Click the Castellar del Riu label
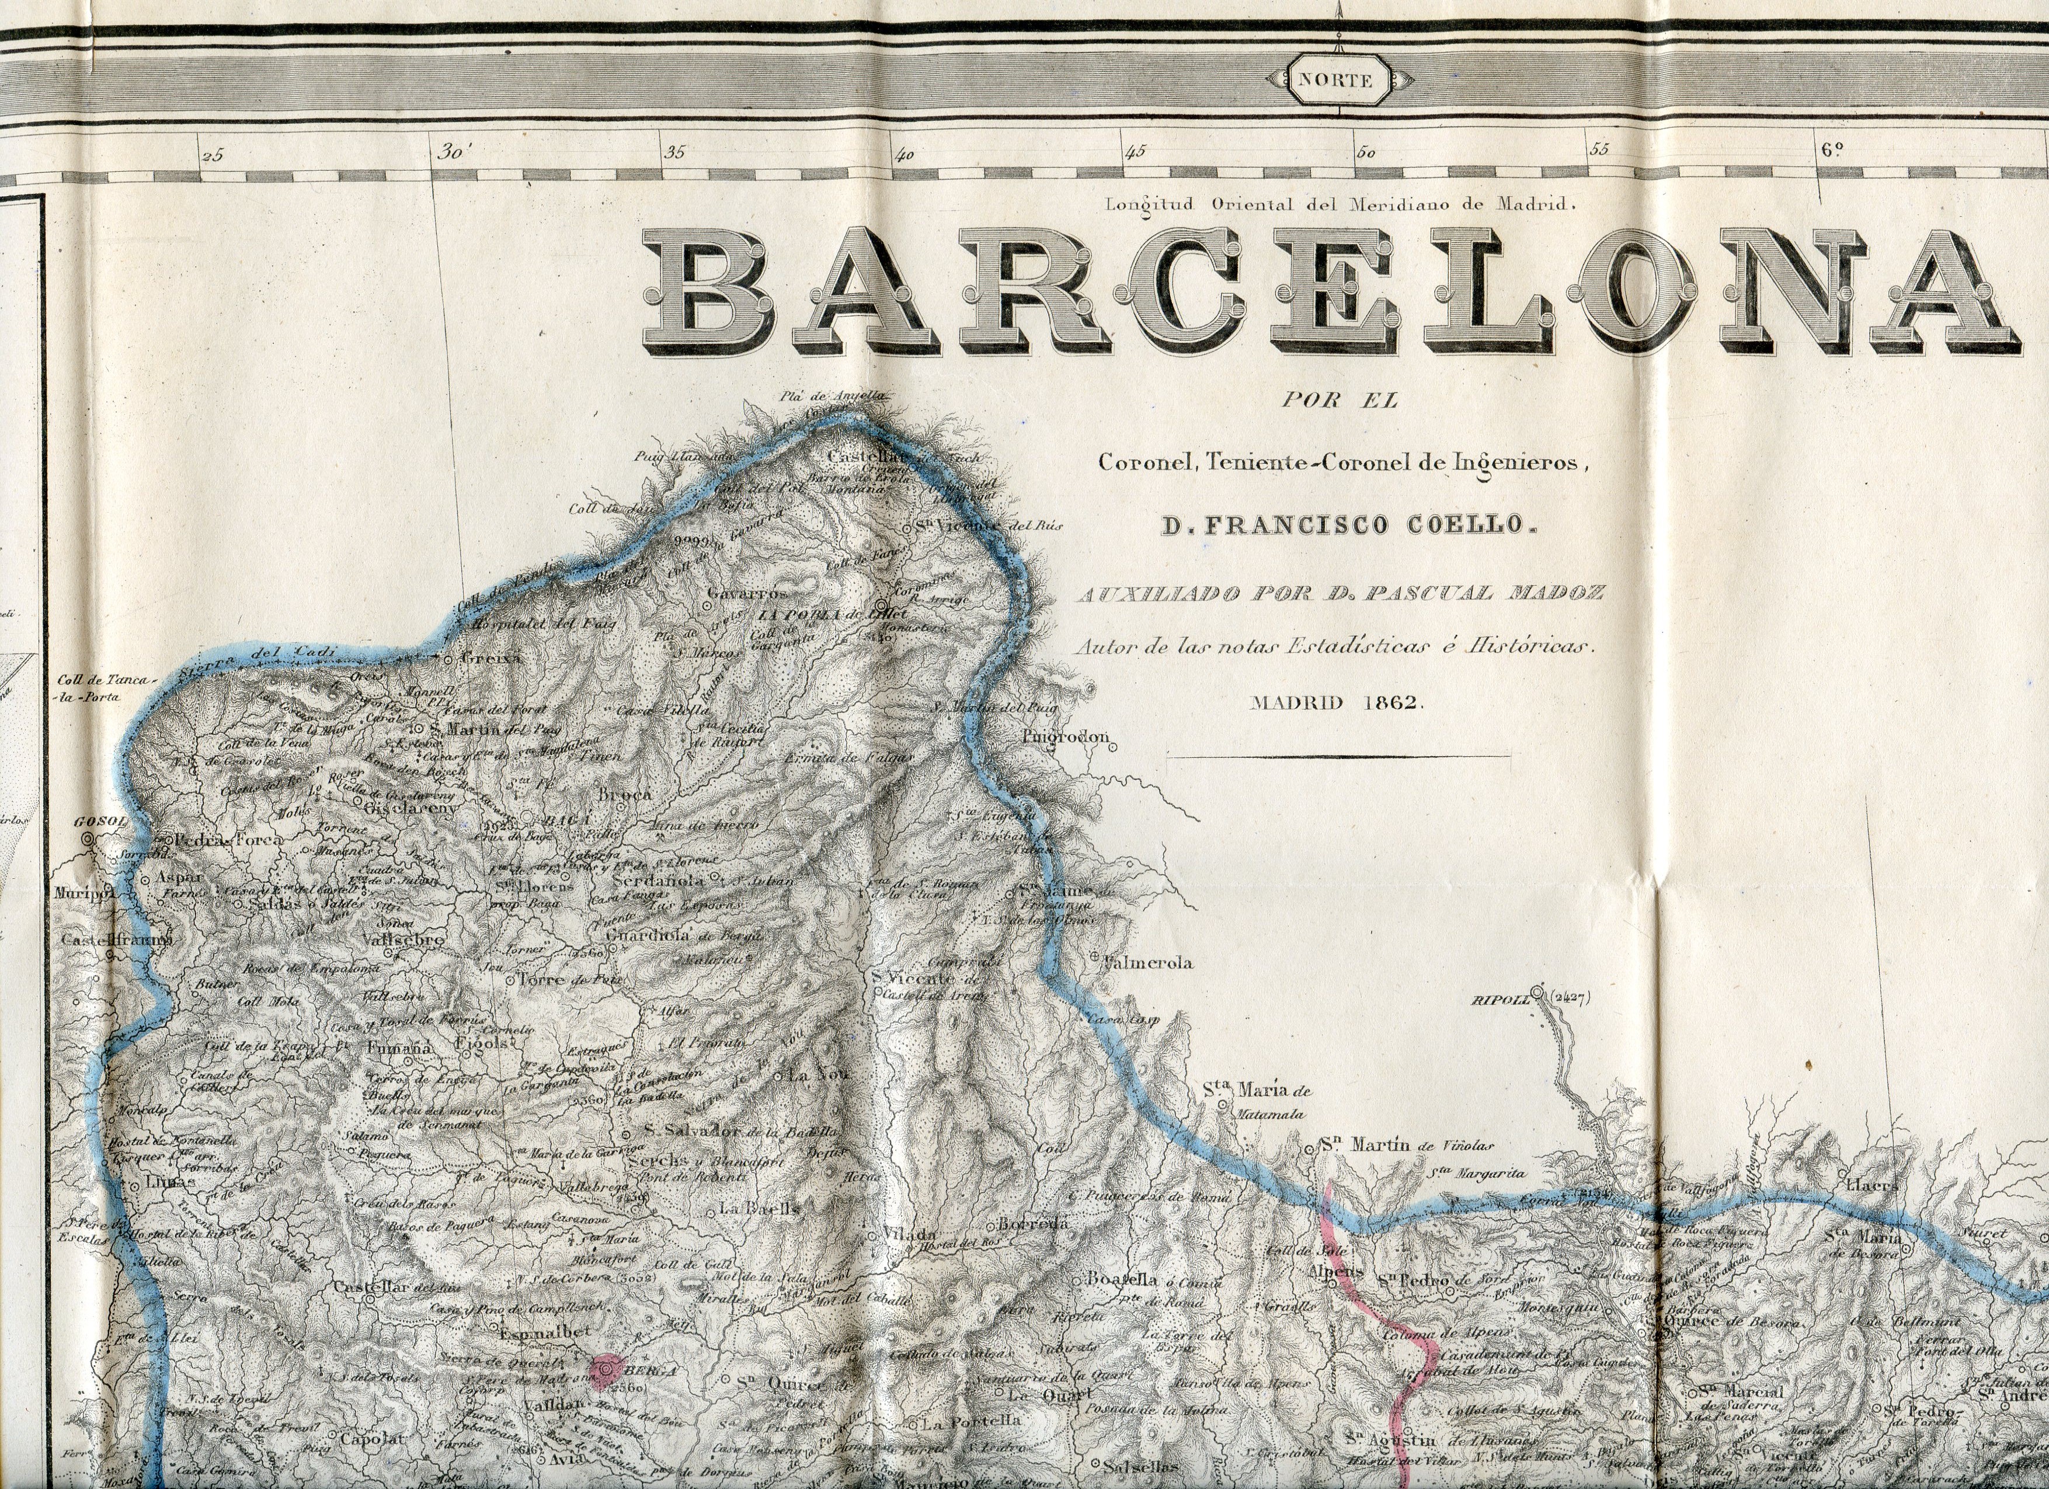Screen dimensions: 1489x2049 click(x=398, y=1288)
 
